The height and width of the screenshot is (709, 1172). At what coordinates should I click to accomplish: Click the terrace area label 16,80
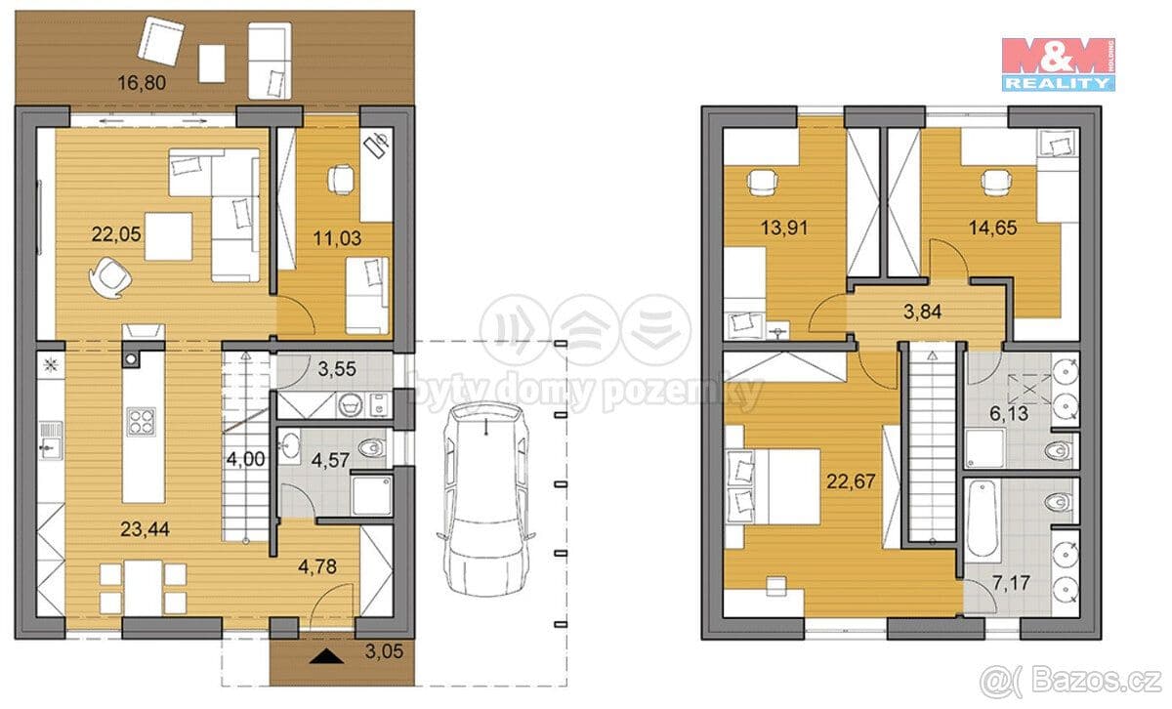[142, 83]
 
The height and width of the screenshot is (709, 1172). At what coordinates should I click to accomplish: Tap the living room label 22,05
[116, 233]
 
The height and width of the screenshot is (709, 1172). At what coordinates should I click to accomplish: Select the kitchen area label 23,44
[145, 529]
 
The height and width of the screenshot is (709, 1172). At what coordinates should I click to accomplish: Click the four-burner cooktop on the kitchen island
[142, 422]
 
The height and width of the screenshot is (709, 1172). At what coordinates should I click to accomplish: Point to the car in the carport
[486, 499]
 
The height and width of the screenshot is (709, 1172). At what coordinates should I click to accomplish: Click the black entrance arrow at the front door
[326, 656]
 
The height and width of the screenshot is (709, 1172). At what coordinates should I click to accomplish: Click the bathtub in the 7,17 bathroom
[984, 519]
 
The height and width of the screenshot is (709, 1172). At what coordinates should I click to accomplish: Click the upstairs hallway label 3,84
[922, 312]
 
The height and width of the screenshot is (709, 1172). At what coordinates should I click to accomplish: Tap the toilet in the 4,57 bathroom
[371, 448]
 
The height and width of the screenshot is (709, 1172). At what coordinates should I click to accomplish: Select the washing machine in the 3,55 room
[350, 404]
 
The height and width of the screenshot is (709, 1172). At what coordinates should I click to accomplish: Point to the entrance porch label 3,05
[384, 651]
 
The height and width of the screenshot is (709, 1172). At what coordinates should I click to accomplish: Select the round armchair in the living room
[109, 277]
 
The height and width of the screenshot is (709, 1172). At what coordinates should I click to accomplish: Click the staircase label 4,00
[245, 459]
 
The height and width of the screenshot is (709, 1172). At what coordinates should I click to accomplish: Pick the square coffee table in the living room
[168, 236]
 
